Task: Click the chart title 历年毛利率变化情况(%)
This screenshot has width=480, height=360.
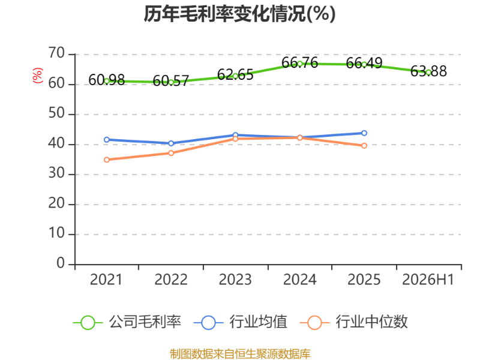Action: pos(239,14)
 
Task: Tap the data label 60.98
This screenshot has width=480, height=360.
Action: pos(107,80)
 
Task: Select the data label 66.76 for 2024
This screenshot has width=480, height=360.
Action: pos(299,63)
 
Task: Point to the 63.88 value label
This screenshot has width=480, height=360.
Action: pos(428,71)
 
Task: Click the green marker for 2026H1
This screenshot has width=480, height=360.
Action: pos(428,73)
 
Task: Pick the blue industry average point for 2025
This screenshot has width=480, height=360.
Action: pos(364,133)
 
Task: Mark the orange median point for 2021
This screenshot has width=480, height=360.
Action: pos(107,160)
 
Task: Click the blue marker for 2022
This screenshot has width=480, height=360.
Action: pos(171,143)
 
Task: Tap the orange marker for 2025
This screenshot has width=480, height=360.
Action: pos(364,146)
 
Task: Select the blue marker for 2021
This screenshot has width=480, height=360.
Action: pos(107,140)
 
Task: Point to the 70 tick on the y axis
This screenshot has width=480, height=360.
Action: pos(56,53)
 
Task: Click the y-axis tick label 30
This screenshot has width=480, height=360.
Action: pos(56,173)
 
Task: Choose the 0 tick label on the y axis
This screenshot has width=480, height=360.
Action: pos(61,263)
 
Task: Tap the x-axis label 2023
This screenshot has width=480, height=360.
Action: pos(235,280)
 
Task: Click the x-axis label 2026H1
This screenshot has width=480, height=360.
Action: pos(428,280)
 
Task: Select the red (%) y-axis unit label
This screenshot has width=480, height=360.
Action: pos(38,76)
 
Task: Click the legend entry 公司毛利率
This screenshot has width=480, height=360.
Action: pos(127,322)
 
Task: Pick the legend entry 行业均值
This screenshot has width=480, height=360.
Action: pos(241,322)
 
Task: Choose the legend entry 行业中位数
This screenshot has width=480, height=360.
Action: pos(353,322)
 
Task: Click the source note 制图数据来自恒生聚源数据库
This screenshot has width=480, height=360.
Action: pos(240,354)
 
